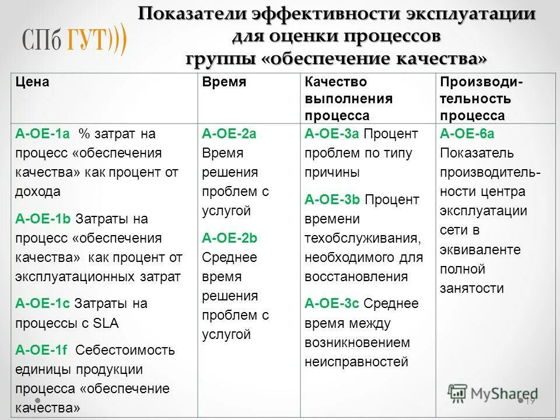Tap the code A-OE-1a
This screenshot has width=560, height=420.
[x=43, y=134]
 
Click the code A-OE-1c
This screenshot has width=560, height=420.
[x=43, y=303]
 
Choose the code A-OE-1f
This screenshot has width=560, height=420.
[x=41, y=350]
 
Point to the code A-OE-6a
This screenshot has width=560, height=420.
[x=467, y=134]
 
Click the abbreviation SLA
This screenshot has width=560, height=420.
[x=106, y=323]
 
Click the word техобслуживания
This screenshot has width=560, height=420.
[x=362, y=238]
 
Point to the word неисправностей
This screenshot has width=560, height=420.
[x=356, y=362]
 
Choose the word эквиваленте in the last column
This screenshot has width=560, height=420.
[x=480, y=250]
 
